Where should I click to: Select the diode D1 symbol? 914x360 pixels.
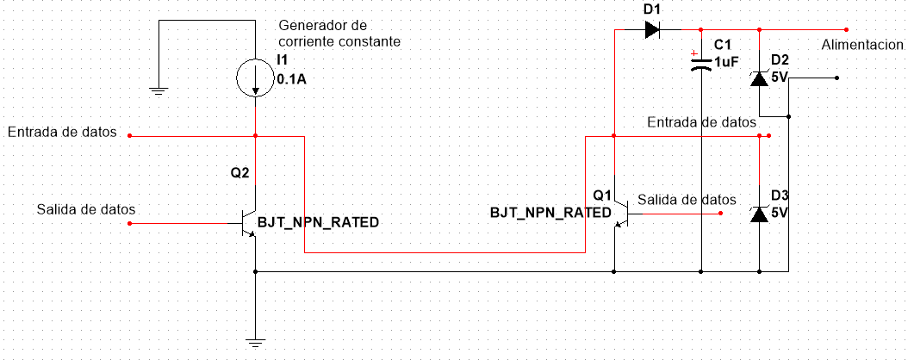[x=652, y=29]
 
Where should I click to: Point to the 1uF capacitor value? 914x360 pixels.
[x=727, y=62]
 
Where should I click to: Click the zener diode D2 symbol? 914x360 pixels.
[x=759, y=78]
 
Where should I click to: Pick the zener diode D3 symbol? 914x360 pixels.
[x=759, y=214]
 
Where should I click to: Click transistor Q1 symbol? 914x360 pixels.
[x=622, y=214]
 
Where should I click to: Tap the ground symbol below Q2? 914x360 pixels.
[x=255, y=343]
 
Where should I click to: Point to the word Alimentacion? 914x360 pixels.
[x=862, y=45]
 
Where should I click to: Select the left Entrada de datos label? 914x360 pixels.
[x=62, y=132]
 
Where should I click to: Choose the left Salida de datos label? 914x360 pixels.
[x=86, y=209]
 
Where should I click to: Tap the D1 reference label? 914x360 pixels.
[x=651, y=9]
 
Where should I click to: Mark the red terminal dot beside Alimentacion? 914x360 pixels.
[x=847, y=29]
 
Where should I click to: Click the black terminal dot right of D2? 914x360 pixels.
[x=836, y=78]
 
